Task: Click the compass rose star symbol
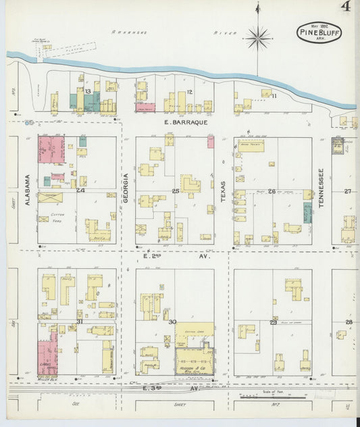coord(258,38)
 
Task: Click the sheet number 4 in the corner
coord(346,7)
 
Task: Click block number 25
coord(176,191)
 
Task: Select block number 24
coord(80,191)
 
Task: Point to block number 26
coord(272,191)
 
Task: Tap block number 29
coord(274,322)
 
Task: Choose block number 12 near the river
coord(190,92)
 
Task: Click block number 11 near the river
coord(274,96)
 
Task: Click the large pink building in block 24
coord(51,149)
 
